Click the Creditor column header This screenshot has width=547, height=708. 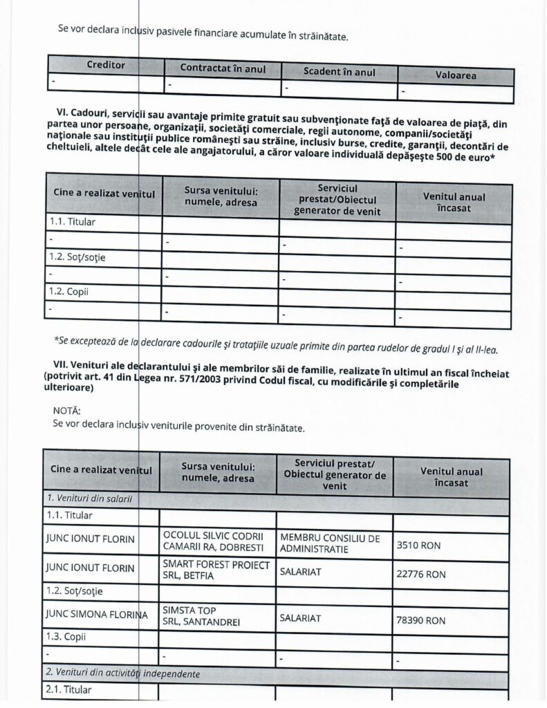click(106, 64)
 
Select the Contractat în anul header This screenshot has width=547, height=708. click(222, 68)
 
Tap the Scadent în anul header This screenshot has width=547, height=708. click(339, 72)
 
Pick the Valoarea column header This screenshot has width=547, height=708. click(456, 75)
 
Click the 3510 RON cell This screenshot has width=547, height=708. click(418, 545)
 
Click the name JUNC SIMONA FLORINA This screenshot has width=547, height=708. click(98, 615)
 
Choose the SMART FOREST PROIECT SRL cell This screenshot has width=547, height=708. click(214, 570)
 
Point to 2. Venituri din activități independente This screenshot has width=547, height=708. click(124, 673)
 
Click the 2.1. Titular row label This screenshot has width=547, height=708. click(69, 689)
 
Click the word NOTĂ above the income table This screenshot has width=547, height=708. click(67, 410)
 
